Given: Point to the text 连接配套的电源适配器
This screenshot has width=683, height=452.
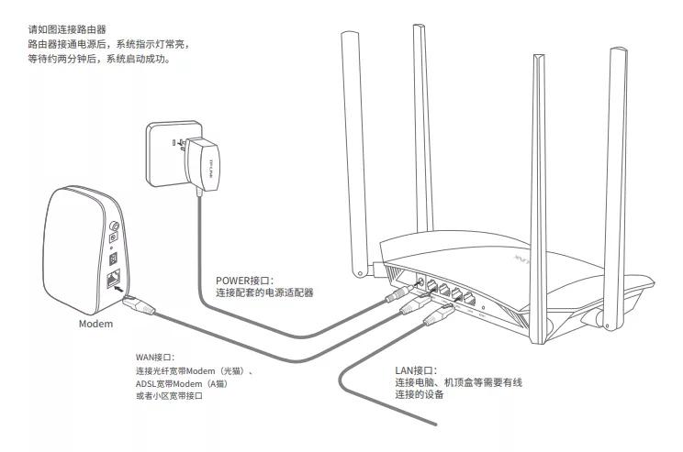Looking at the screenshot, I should pyautogui.click(x=264, y=293).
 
